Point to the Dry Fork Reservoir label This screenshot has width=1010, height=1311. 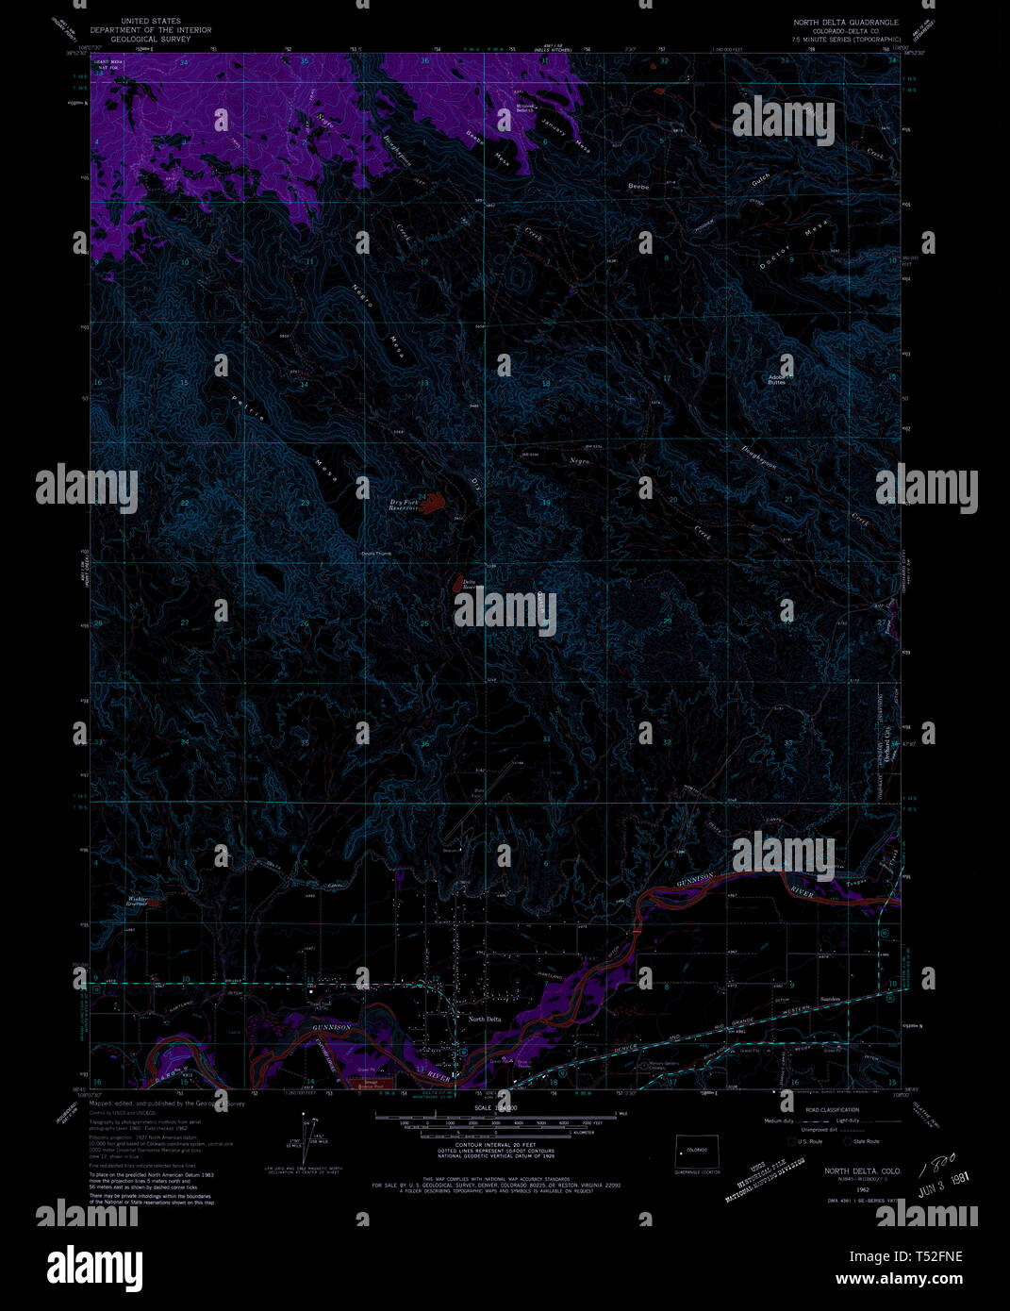tap(405, 505)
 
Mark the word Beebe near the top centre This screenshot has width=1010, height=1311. tap(638, 187)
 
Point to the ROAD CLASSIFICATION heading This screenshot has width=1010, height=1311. tap(834, 1110)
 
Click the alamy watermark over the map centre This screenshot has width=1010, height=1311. tap(505, 611)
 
